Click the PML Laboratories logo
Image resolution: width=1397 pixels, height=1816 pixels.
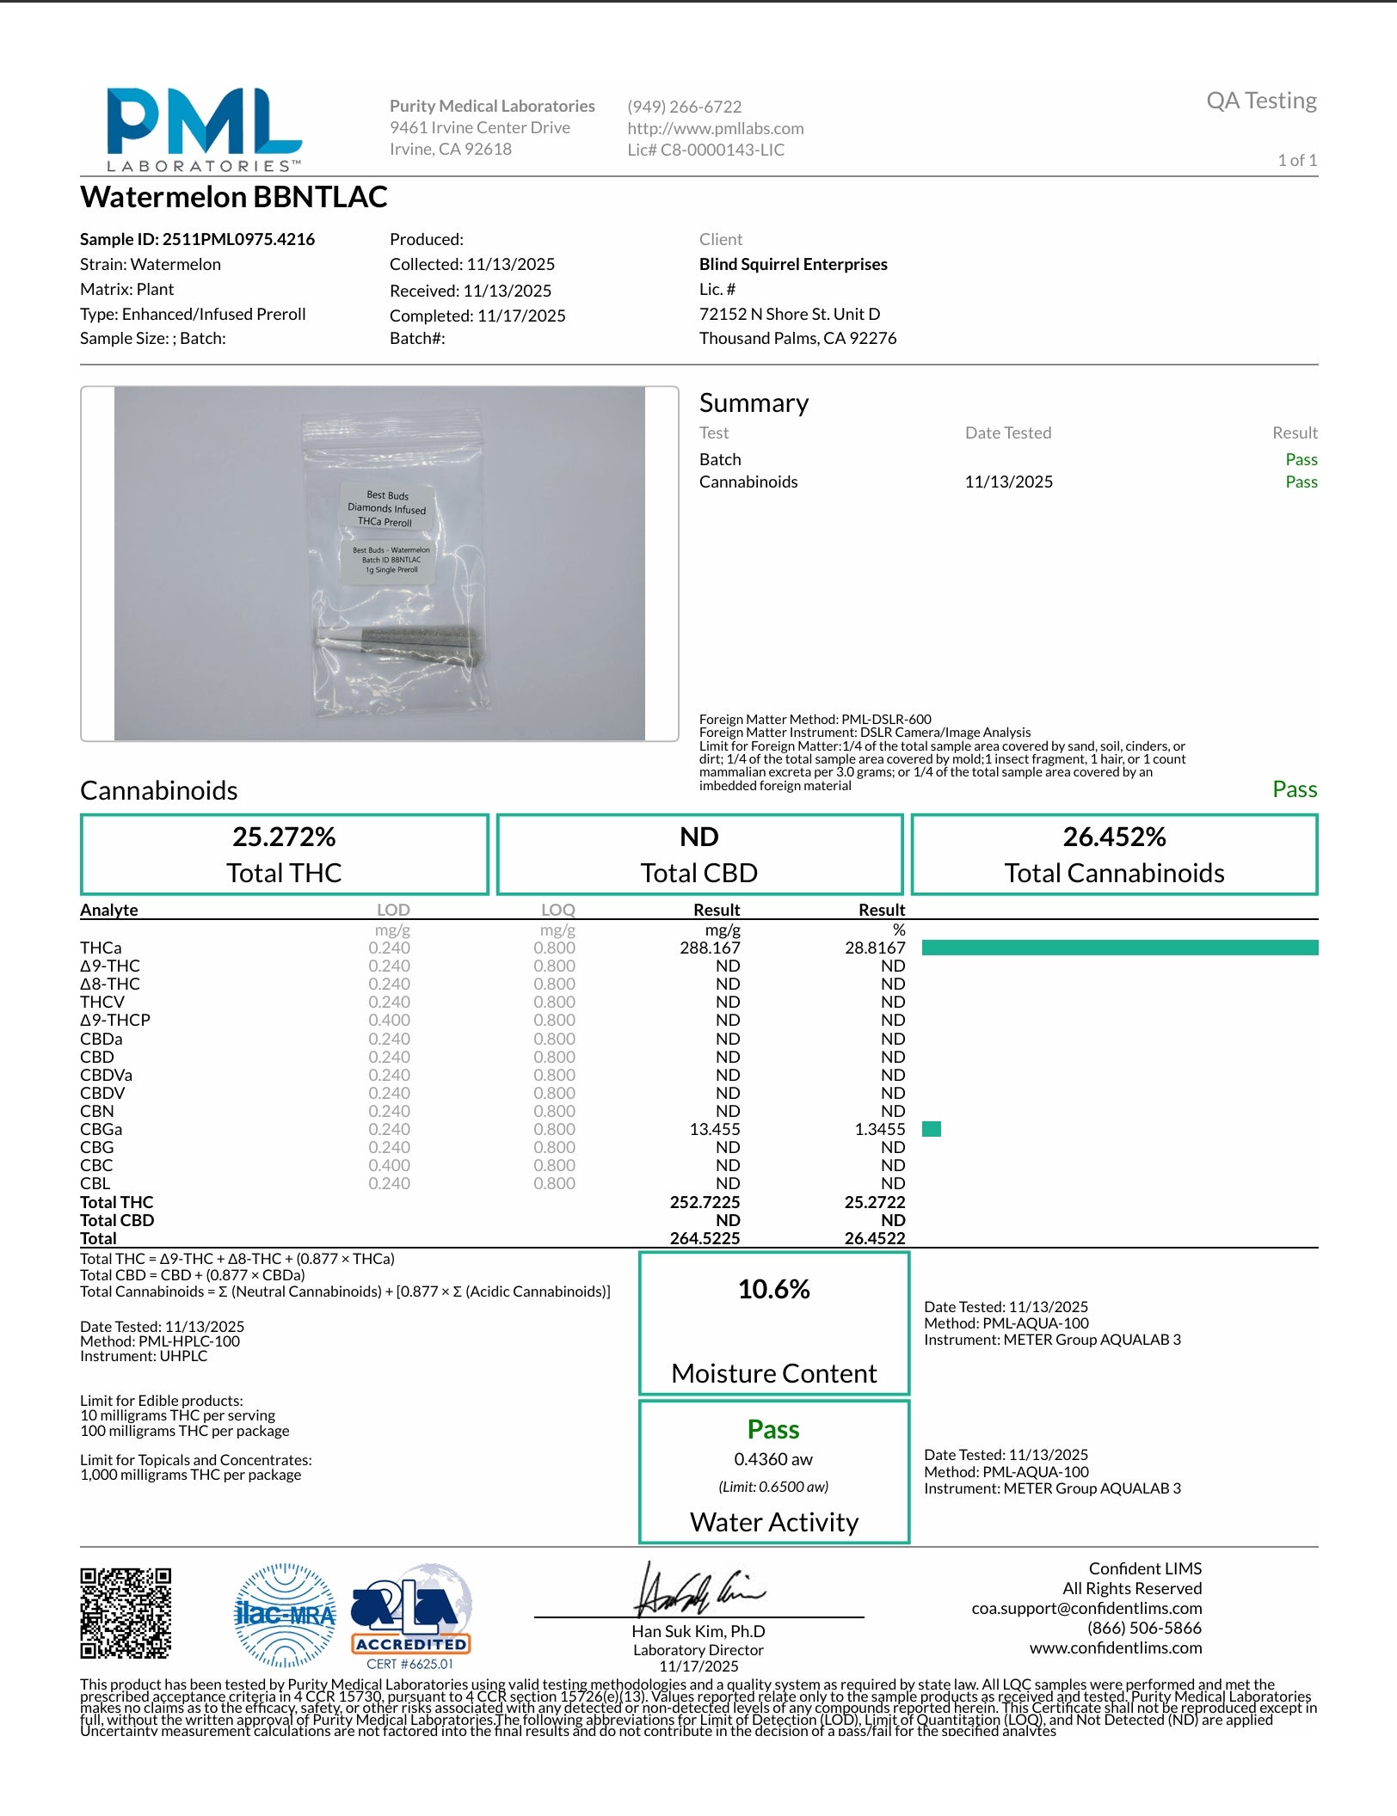(204, 129)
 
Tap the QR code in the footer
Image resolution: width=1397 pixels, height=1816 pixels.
(126, 1613)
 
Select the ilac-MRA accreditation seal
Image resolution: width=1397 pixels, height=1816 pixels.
(285, 1615)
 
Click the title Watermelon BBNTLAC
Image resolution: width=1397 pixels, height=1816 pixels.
(234, 197)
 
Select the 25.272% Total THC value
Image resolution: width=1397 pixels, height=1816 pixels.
(284, 837)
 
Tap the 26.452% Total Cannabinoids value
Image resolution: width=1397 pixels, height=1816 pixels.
(1114, 837)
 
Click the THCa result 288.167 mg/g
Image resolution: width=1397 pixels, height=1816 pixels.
(710, 948)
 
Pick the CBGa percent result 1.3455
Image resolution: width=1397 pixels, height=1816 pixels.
(879, 1129)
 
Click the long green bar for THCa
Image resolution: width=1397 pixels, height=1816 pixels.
(1119, 948)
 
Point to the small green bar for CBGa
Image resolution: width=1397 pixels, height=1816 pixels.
(931, 1129)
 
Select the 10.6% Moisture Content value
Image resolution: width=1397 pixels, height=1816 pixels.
(773, 1289)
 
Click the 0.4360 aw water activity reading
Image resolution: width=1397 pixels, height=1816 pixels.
(773, 1459)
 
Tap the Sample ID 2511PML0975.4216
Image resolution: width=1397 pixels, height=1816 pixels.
(197, 239)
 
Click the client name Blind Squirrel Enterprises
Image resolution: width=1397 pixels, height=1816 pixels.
(793, 264)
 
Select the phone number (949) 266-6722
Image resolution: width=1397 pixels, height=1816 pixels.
(684, 107)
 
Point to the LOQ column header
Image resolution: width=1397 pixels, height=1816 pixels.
(557, 910)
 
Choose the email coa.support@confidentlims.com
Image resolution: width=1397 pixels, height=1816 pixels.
(1086, 1608)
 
